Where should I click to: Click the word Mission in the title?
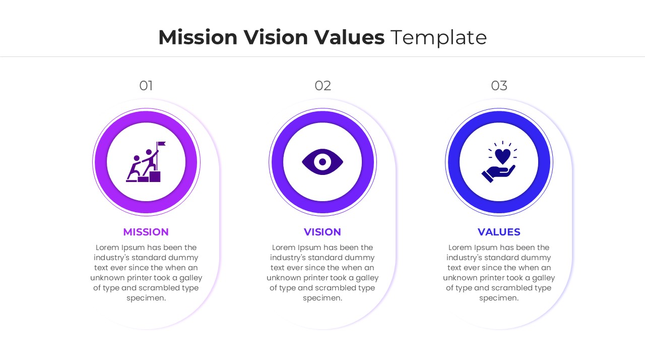click(198, 38)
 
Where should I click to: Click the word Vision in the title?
click(276, 38)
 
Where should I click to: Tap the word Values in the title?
click(349, 38)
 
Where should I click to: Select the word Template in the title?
click(438, 38)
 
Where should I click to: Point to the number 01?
click(146, 86)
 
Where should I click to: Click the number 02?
click(322, 86)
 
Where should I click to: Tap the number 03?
click(499, 86)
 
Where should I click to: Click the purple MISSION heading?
click(146, 232)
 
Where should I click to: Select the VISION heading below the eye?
click(322, 232)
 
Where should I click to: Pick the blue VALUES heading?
click(499, 232)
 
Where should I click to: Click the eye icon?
click(322, 162)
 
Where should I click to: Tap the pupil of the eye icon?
click(322, 162)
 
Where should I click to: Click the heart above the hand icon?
click(502, 156)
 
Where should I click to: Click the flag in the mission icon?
click(161, 144)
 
